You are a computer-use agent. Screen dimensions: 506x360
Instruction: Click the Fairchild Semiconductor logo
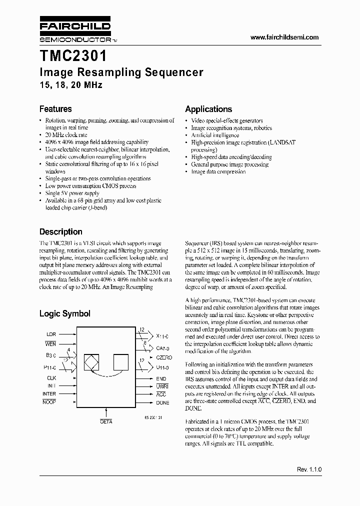click(x=75, y=31)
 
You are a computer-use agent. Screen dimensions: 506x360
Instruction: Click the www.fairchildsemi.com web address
click(x=283, y=37)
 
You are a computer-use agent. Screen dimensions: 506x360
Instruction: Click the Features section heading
click(x=55, y=109)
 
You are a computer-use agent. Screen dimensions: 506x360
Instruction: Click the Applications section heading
click(x=208, y=109)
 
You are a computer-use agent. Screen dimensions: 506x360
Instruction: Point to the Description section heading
click(x=60, y=232)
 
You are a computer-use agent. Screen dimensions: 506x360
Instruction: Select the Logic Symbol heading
click(x=64, y=314)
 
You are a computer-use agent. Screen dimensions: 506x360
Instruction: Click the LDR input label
click(x=51, y=333)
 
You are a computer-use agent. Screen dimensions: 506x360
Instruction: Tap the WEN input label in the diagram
click(x=50, y=344)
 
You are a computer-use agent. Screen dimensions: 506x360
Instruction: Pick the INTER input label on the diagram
click(x=49, y=393)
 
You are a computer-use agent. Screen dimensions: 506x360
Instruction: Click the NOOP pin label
click(x=49, y=402)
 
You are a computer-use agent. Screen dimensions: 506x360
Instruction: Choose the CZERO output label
click(x=164, y=357)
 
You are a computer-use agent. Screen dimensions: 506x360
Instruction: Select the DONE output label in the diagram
click(x=162, y=402)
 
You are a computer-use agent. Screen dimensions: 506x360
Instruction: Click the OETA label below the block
click(x=106, y=422)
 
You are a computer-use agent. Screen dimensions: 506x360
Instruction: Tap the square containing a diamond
click(x=91, y=361)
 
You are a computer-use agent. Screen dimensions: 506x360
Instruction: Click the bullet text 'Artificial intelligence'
click(x=215, y=135)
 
